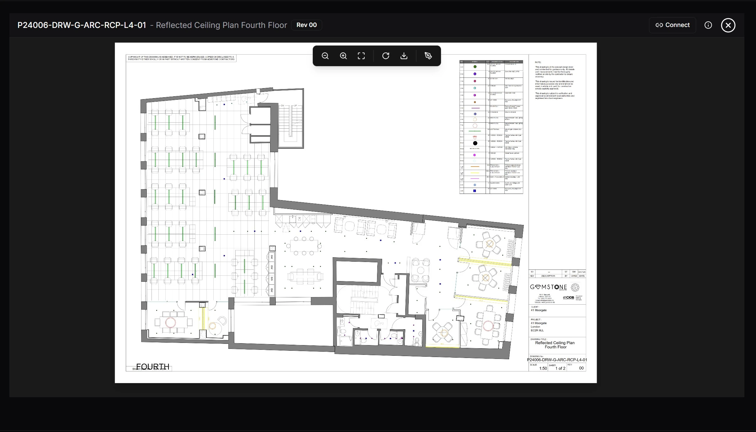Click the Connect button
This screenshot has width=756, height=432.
672,25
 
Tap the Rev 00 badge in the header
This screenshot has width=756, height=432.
306,25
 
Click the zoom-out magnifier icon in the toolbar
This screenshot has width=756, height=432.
325,56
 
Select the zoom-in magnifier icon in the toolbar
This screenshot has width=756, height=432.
343,56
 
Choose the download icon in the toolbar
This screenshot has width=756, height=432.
404,56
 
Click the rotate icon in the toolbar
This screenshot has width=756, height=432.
386,56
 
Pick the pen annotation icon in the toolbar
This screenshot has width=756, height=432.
428,56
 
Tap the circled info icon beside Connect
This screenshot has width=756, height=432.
708,25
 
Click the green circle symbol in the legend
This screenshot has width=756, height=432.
475,67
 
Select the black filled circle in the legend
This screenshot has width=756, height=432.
475,143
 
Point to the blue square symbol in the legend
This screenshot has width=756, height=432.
475,191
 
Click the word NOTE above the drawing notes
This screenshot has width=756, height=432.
538,62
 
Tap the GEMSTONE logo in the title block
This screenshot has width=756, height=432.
548,287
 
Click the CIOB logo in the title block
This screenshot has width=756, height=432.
568,297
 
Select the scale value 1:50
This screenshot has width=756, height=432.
543,368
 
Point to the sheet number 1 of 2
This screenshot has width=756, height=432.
560,368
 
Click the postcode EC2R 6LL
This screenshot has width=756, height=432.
537,330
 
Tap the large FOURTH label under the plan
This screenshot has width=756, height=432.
153,366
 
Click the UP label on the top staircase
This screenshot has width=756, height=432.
295,106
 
